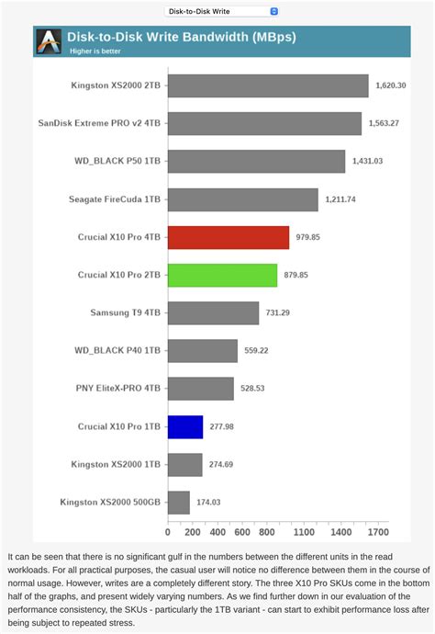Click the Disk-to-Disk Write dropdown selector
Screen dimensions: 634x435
coord(221,11)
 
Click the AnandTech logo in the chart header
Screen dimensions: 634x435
coord(48,41)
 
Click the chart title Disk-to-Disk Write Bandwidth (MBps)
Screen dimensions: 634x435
coord(180,38)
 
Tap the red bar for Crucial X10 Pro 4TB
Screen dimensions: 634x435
coord(229,237)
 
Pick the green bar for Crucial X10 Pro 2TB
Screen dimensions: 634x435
coord(223,275)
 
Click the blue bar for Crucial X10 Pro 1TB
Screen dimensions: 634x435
coord(185,426)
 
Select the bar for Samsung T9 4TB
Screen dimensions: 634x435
coord(213,313)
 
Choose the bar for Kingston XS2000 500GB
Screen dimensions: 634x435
coord(179,503)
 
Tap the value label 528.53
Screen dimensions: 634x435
coord(254,389)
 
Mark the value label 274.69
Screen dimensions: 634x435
coord(223,465)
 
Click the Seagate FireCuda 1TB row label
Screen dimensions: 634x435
coord(115,199)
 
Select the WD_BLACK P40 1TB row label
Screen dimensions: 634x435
coord(117,351)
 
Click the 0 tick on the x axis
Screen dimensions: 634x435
coord(168,532)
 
